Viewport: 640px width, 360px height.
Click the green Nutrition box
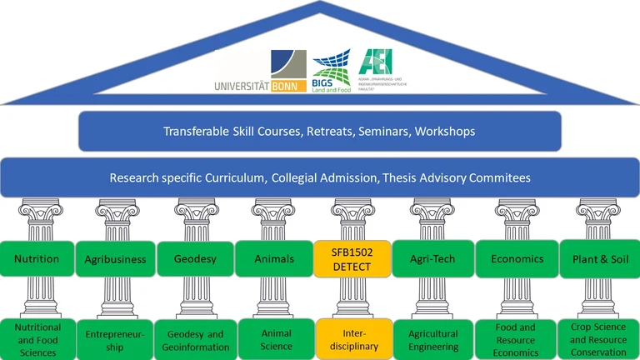click(x=37, y=259)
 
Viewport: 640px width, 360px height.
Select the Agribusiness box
click(x=115, y=259)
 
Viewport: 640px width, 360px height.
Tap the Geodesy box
click(x=193, y=259)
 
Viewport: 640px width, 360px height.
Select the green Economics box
click(x=517, y=259)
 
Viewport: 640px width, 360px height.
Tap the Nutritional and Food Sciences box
click(x=37, y=339)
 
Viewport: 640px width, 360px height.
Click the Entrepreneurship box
click(x=115, y=339)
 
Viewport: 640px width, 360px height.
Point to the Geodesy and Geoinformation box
click(x=193, y=339)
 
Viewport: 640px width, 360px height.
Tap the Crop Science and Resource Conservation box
click(x=598, y=339)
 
